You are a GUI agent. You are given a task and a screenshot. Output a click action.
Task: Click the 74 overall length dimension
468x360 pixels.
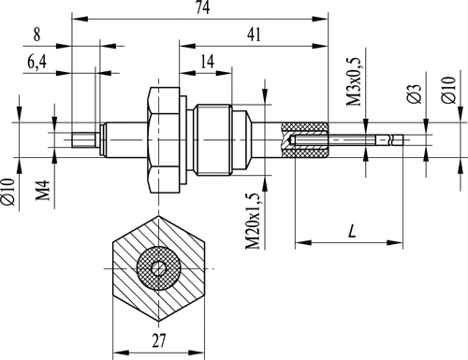tap(203, 7)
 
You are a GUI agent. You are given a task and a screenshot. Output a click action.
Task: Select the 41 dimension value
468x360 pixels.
tap(254, 35)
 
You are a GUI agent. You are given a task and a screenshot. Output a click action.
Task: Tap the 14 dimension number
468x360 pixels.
tap(207, 62)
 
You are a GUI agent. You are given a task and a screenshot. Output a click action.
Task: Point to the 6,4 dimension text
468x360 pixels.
tap(37, 62)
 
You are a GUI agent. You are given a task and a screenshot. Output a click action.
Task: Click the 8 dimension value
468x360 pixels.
tap(37, 35)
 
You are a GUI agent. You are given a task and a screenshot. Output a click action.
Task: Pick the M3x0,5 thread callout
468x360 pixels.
tap(355, 81)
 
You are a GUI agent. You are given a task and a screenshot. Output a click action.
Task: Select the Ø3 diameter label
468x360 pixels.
tap(415, 94)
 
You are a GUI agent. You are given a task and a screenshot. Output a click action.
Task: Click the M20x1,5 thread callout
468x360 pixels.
tap(253, 221)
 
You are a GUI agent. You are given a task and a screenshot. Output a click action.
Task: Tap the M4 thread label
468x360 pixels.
tap(43, 190)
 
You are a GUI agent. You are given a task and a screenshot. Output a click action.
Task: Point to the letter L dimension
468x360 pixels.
tap(352, 231)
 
